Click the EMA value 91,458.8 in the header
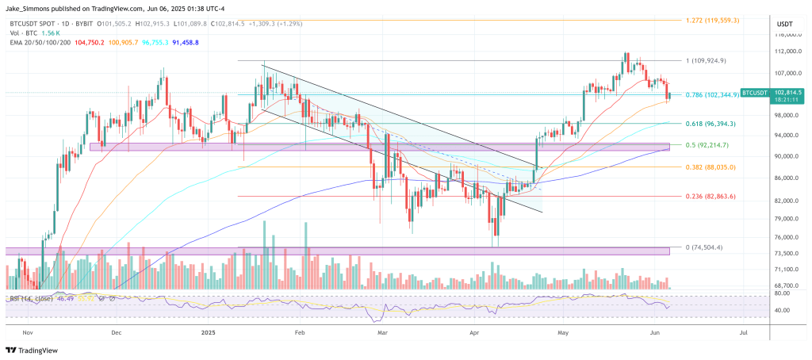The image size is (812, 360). point(181,42)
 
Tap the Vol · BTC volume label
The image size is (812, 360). point(25,33)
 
